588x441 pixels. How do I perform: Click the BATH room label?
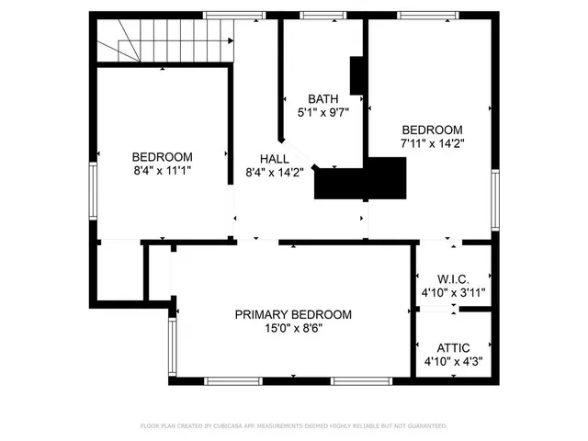click(x=322, y=98)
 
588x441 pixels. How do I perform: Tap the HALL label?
click(x=260, y=157)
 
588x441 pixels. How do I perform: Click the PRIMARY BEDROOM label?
click(x=293, y=314)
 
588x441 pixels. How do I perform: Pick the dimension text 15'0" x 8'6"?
click(x=293, y=329)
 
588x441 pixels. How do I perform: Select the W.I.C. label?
click(x=453, y=278)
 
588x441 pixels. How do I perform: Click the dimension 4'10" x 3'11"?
click(x=453, y=293)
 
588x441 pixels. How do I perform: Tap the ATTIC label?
click(x=453, y=347)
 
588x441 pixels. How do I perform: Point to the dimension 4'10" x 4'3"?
click(x=453, y=362)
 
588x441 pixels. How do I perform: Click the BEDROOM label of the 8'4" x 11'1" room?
click(x=162, y=156)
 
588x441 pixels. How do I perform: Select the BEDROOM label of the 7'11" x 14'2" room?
click(x=431, y=130)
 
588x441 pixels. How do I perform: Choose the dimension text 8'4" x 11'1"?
click(x=162, y=171)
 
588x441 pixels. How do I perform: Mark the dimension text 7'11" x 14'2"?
click(x=431, y=144)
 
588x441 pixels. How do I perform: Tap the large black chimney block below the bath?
click(x=360, y=178)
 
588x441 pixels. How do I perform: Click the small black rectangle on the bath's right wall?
click(x=357, y=77)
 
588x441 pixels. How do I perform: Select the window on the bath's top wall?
click(x=319, y=15)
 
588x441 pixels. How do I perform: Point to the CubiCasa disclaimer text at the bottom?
click(x=293, y=426)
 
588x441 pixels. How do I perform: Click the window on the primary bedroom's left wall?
click(x=171, y=345)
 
